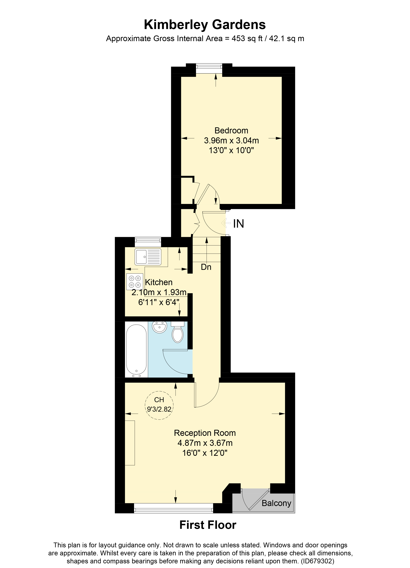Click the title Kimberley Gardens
(205, 25)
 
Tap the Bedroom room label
(231, 131)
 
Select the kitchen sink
(148, 257)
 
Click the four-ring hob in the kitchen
(134, 281)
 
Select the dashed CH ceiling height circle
(159, 405)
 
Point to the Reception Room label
(205, 433)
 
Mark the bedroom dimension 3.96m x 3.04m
(231, 141)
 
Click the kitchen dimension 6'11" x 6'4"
(159, 302)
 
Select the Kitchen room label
(159, 282)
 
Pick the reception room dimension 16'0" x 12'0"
(205, 453)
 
